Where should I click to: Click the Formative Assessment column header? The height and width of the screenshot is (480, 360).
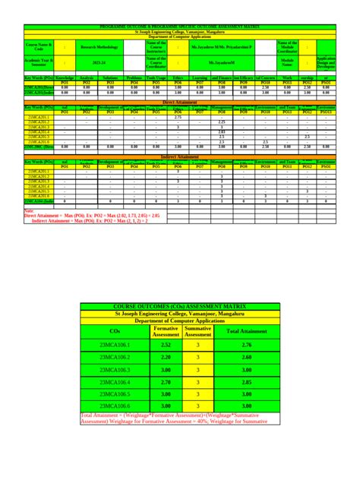point(166,331)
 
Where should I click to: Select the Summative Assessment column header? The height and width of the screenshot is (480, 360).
point(198,331)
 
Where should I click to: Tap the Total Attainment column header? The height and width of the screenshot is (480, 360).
point(245,331)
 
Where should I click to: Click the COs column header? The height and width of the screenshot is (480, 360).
point(115,331)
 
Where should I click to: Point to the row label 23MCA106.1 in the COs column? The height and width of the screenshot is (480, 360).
point(115,346)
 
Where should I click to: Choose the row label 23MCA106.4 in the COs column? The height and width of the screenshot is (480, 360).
point(115,384)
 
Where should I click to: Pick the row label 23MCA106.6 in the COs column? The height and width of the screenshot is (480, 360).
point(115,408)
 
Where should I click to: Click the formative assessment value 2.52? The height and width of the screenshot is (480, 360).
point(166,346)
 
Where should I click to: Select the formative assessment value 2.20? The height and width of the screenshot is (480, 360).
point(166,358)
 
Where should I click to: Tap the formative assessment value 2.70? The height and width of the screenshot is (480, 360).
point(166,384)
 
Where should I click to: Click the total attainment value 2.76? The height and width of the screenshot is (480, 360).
point(245,346)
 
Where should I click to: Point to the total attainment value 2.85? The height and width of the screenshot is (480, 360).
point(245,384)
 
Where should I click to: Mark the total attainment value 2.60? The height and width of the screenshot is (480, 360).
point(245,358)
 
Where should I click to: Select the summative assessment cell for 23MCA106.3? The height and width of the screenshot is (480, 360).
point(198,371)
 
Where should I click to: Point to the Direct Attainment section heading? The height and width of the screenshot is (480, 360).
point(179,101)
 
